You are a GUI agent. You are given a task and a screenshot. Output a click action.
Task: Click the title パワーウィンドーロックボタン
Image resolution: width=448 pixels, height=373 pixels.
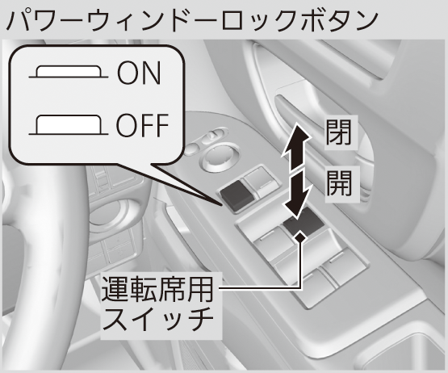pos(192,20)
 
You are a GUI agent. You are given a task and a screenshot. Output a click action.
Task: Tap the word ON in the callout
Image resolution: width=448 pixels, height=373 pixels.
pos(139,73)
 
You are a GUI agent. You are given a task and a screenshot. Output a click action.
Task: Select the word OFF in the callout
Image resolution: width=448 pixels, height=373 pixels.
pos(142,125)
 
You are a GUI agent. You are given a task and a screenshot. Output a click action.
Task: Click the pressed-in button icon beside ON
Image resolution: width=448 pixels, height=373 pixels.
pos(69,72)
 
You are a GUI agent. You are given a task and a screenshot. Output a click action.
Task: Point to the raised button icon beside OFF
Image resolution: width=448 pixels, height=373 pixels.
pos(69,125)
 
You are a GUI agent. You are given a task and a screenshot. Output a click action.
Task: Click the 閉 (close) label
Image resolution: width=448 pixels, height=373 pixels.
pos(339,132)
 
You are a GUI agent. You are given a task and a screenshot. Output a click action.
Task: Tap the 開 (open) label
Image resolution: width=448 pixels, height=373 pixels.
pos(339,183)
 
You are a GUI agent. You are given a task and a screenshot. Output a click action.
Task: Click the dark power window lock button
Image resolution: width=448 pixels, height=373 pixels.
pos(237,196)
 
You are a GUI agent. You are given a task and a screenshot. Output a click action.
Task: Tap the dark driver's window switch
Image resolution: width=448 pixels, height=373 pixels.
pos(304,221)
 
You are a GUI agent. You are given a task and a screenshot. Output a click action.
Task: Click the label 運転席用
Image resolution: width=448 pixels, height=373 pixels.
pos(157,289)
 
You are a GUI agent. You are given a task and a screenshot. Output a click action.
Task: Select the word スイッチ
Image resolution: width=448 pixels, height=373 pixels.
pos(157,319)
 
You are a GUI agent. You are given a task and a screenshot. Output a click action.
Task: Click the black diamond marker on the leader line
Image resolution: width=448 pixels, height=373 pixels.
pos(300,237)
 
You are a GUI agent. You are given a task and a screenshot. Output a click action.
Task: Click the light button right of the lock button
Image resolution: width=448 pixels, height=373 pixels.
pos(261,182)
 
